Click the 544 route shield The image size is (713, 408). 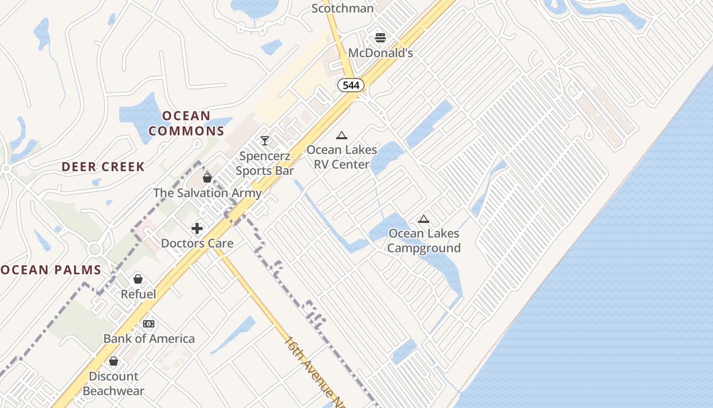(351, 85)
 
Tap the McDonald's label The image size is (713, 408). (380, 53)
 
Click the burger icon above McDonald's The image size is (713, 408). (380, 37)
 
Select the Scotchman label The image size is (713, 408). (342, 8)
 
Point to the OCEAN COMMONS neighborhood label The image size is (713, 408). (186, 123)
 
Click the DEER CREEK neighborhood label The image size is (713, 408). (103, 167)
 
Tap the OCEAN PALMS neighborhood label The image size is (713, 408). (51, 270)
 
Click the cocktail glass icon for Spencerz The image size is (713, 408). (265, 140)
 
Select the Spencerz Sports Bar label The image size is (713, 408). (265, 163)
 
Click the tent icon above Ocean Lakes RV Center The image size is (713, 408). (342, 136)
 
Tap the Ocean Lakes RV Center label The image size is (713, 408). (342, 157)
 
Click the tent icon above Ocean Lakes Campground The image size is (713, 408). (424, 219)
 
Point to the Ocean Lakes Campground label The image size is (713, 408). (424, 241)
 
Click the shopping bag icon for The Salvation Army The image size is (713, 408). (207, 178)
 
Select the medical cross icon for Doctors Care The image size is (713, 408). (197, 228)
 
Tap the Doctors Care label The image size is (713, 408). (197, 243)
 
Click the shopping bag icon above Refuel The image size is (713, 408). (138, 279)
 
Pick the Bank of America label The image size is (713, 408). (149, 339)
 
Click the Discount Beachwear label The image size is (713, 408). (114, 384)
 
